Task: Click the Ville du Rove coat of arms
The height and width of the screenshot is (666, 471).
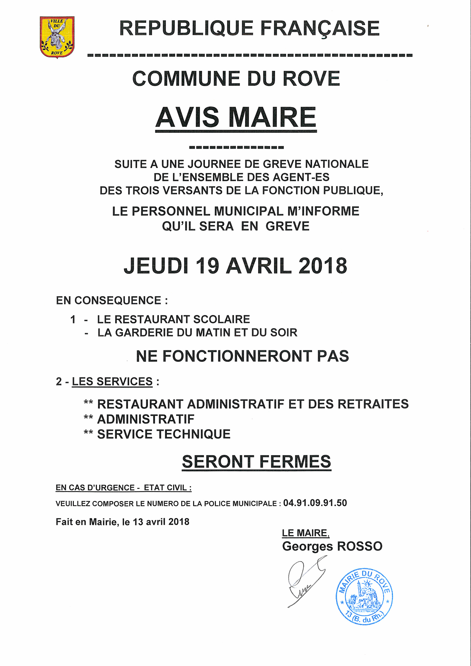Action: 57,37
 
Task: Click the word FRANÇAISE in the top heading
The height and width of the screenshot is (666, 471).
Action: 320,29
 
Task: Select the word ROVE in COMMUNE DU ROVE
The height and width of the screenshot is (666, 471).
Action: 311,79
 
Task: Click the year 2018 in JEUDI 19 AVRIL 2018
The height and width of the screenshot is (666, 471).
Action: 323,266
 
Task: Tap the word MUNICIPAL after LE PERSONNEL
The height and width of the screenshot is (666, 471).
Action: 248,211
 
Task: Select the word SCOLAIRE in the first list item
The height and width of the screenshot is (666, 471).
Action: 221,319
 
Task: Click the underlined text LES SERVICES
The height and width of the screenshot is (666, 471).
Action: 112,381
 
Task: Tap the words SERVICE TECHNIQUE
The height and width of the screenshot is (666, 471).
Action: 164,434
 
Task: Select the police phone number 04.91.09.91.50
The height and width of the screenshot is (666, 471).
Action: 315,503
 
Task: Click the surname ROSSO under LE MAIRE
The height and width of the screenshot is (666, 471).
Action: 360,546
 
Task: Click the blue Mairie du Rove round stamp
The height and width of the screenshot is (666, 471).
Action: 364,596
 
